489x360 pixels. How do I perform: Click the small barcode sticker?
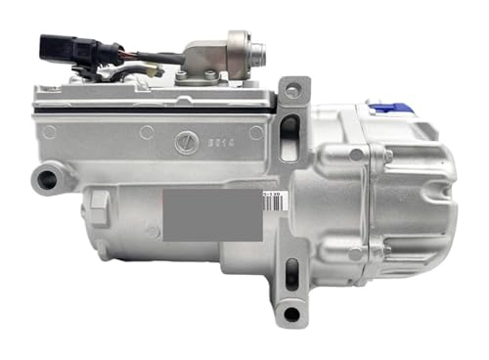273,195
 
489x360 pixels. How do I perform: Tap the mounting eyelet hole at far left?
43,178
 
